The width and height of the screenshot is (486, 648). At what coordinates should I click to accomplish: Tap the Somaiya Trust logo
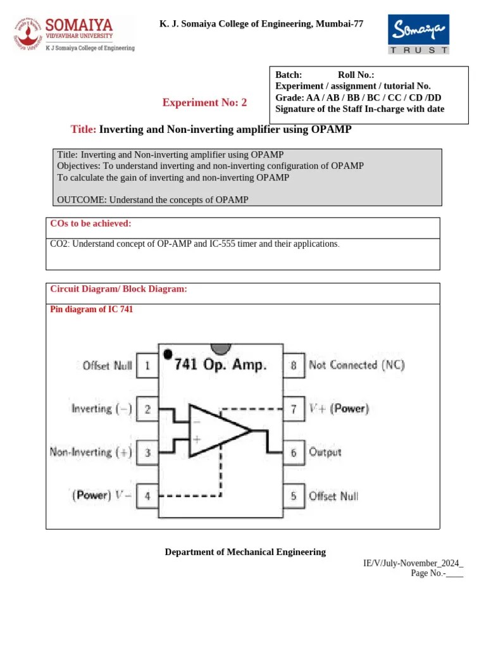418,34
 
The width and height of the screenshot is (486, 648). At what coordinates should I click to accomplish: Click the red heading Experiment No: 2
205,103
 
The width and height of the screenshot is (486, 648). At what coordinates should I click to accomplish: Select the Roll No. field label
356,75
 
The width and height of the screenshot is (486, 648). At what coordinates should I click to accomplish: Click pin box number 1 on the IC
147,365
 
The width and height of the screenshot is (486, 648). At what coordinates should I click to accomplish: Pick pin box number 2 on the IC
147,409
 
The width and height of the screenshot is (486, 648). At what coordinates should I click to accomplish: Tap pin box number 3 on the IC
147,452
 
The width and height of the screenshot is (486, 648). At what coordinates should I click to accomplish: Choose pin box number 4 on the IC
147,496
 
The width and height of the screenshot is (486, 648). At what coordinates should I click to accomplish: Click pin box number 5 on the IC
293,496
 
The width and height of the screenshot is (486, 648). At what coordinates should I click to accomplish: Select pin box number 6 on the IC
293,452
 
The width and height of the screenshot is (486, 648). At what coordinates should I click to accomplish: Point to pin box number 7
293,409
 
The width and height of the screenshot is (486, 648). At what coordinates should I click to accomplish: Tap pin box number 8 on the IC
293,365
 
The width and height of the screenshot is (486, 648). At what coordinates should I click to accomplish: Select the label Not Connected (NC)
356,365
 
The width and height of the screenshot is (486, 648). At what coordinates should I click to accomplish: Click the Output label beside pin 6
325,452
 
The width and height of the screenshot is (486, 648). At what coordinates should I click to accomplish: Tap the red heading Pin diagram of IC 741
91,310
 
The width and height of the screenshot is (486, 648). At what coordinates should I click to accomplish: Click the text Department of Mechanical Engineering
246,552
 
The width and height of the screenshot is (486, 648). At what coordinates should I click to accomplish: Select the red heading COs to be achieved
90,223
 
